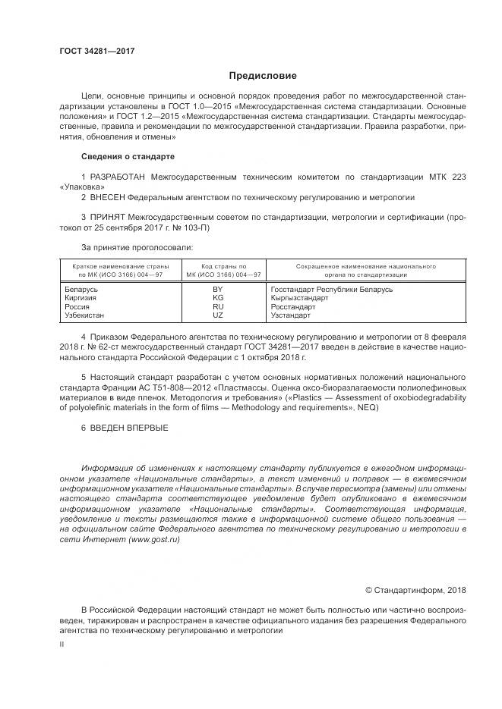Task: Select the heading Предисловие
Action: [263, 76]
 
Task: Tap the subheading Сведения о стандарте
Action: [128, 156]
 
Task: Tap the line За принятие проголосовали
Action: [137, 246]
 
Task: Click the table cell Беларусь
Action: [82, 290]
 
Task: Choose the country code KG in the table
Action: [218, 298]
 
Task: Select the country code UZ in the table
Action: [218, 315]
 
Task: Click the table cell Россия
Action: [78, 306]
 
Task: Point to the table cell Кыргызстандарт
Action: [299, 298]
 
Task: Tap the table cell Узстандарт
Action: [290, 315]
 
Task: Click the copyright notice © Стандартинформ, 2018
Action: [415, 589]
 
